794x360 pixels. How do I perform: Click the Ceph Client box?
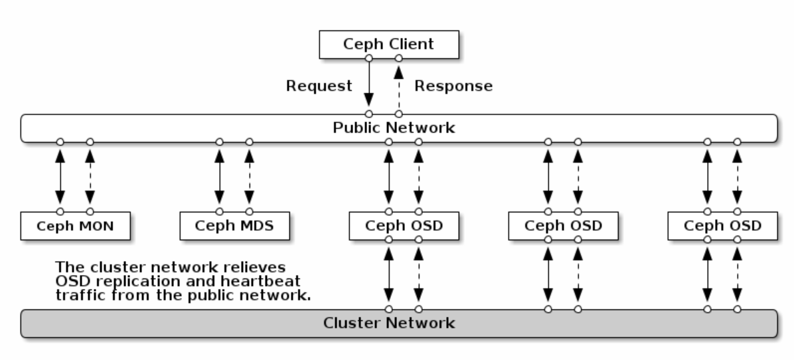click(x=389, y=45)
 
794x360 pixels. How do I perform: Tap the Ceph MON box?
click(x=76, y=226)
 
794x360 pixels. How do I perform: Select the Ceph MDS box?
click(x=234, y=226)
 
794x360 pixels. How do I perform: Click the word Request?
click(x=319, y=86)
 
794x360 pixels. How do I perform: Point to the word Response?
click(x=453, y=86)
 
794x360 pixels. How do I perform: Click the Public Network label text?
click(x=394, y=128)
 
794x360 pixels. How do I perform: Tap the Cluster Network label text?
click(x=389, y=323)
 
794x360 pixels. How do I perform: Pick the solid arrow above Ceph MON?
click(x=60, y=177)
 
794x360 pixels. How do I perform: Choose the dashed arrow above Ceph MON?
click(x=90, y=177)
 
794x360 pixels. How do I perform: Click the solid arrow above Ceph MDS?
click(x=219, y=177)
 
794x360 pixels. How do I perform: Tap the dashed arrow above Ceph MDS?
click(x=249, y=177)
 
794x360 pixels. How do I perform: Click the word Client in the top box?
click(x=411, y=44)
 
